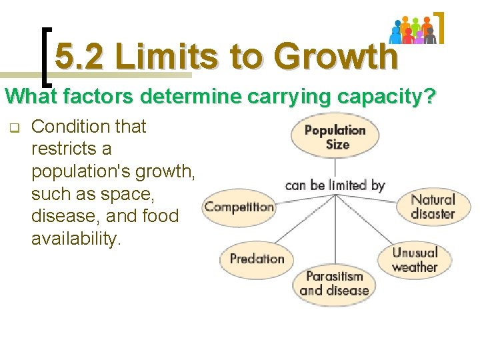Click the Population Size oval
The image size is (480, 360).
click(x=335, y=137)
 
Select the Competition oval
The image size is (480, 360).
click(x=239, y=207)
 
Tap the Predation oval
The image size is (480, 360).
click(x=257, y=259)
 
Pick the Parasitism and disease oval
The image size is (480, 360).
click(x=334, y=283)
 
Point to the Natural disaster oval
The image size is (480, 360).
click(x=433, y=207)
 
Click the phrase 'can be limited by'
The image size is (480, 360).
click(x=335, y=185)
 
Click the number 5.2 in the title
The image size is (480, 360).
click(x=79, y=57)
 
